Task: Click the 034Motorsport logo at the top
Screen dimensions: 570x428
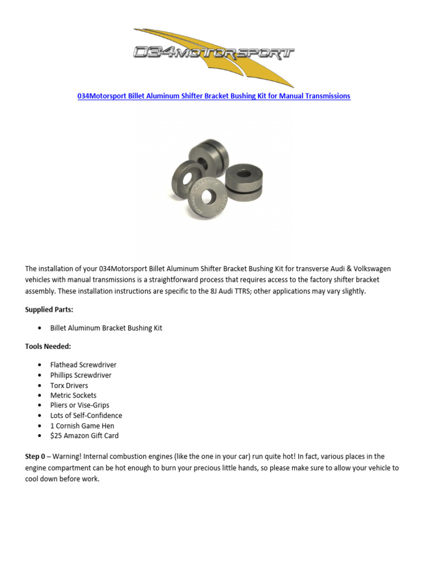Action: pos(214,53)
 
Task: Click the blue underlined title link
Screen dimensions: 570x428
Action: pos(213,96)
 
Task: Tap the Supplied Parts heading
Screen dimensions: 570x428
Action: pos(49,309)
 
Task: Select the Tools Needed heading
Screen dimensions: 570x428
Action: pos(48,346)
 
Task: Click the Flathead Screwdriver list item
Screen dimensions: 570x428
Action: pos(83,365)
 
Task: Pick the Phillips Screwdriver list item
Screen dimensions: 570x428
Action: pos(81,375)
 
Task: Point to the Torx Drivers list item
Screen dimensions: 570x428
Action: pos(69,385)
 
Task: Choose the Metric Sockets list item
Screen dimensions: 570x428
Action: pos(73,395)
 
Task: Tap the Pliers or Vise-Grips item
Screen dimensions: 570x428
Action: pos(80,405)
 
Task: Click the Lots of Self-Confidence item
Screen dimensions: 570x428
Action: pos(86,415)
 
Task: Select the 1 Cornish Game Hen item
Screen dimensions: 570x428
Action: pos(82,426)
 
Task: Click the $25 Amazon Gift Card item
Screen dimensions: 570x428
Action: pos(84,436)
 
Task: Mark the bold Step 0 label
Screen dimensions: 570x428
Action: pos(35,456)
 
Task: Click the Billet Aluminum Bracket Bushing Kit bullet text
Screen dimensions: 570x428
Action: pos(106,328)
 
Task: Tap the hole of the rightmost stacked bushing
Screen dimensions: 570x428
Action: pos(244,174)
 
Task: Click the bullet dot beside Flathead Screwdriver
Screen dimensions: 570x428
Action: pos(40,365)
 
